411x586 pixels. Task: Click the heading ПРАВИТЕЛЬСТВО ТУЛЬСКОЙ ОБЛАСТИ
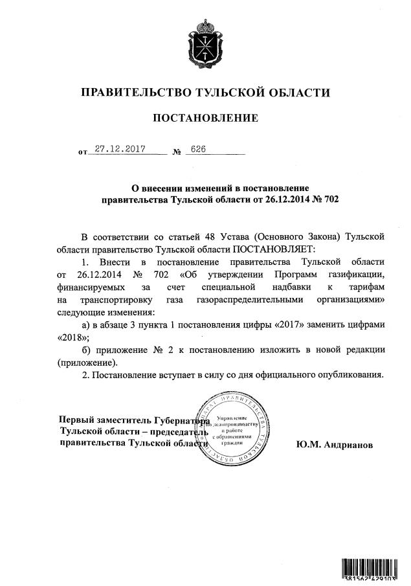[x=205, y=92]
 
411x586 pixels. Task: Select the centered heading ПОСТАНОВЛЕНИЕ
[x=205, y=118]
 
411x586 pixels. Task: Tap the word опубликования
[x=345, y=374]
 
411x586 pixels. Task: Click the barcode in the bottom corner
[x=371, y=569]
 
